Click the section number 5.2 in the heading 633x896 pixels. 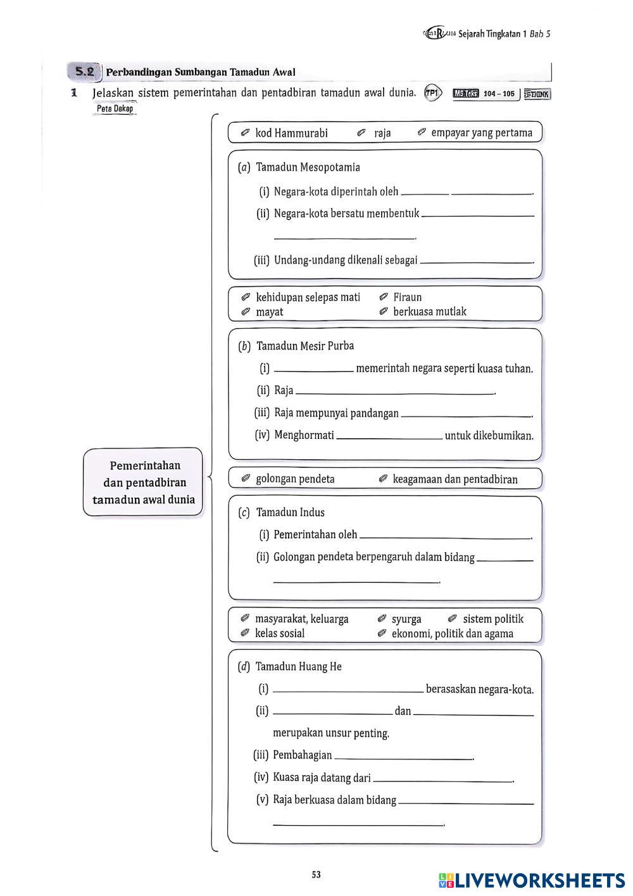tap(85, 72)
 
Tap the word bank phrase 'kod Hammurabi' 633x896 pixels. tap(291, 133)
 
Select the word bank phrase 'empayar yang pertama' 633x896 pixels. tap(482, 133)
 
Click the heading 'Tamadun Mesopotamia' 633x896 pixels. tap(308, 167)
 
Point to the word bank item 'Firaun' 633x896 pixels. tap(407, 297)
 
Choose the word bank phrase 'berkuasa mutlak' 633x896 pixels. tap(429, 312)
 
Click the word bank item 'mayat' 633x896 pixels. tap(269, 312)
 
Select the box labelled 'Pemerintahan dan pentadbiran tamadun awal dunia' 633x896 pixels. tap(145, 483)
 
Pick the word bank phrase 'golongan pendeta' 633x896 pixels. tap(295, 479)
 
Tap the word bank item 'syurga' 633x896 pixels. tap(406, 619)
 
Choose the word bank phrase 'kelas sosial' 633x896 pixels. tap(279, 633)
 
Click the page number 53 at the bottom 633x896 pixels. tap(316, 874)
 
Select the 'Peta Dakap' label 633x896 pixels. tap(115, 109)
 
